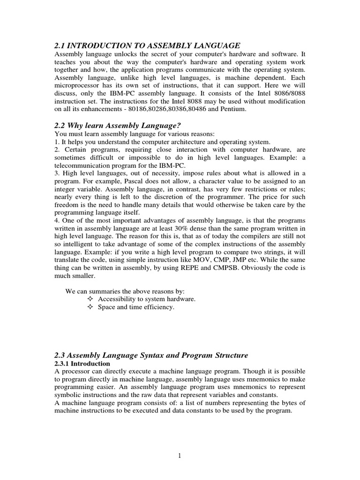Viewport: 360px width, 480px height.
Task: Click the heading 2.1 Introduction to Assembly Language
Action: click(x=147, y=45)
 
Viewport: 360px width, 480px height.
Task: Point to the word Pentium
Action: click(x=232, y=109)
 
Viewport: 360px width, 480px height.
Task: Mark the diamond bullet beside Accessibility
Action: click(x=90, y=299)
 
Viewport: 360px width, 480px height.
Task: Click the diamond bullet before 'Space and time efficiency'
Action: click(x=90, y=307)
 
